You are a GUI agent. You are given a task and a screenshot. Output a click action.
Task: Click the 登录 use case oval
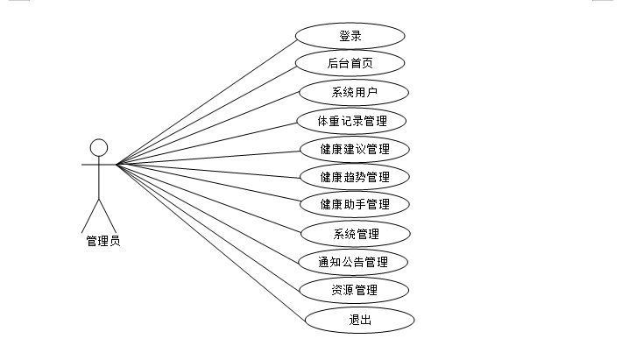click(x=350, y=36)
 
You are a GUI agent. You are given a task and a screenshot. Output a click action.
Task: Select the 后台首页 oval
click(x=350, y=63)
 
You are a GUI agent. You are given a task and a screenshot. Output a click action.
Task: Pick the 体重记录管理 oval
click(x=353, y=120)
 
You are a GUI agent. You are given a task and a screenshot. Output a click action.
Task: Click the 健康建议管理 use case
click(x=355, y=148)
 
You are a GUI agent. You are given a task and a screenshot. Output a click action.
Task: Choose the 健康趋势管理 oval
click(x=355, y=177)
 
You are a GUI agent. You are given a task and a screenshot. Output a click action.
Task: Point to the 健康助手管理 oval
click(x=355, y=205)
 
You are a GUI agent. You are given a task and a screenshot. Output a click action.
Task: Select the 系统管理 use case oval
click(x=356, y=234)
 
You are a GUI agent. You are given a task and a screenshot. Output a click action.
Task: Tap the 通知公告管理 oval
click(x=353, y=262)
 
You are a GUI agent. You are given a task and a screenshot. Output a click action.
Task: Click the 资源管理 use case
click(x=355, y=290)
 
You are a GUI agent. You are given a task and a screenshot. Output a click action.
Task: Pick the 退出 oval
click(x=359, y=319)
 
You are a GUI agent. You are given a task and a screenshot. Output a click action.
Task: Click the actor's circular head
click(x=99, y=146)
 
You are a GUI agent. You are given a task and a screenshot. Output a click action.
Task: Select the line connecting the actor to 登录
click(x=208, y=101)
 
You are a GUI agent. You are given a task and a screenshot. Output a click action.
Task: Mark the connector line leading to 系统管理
click(x=210, y=199)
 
